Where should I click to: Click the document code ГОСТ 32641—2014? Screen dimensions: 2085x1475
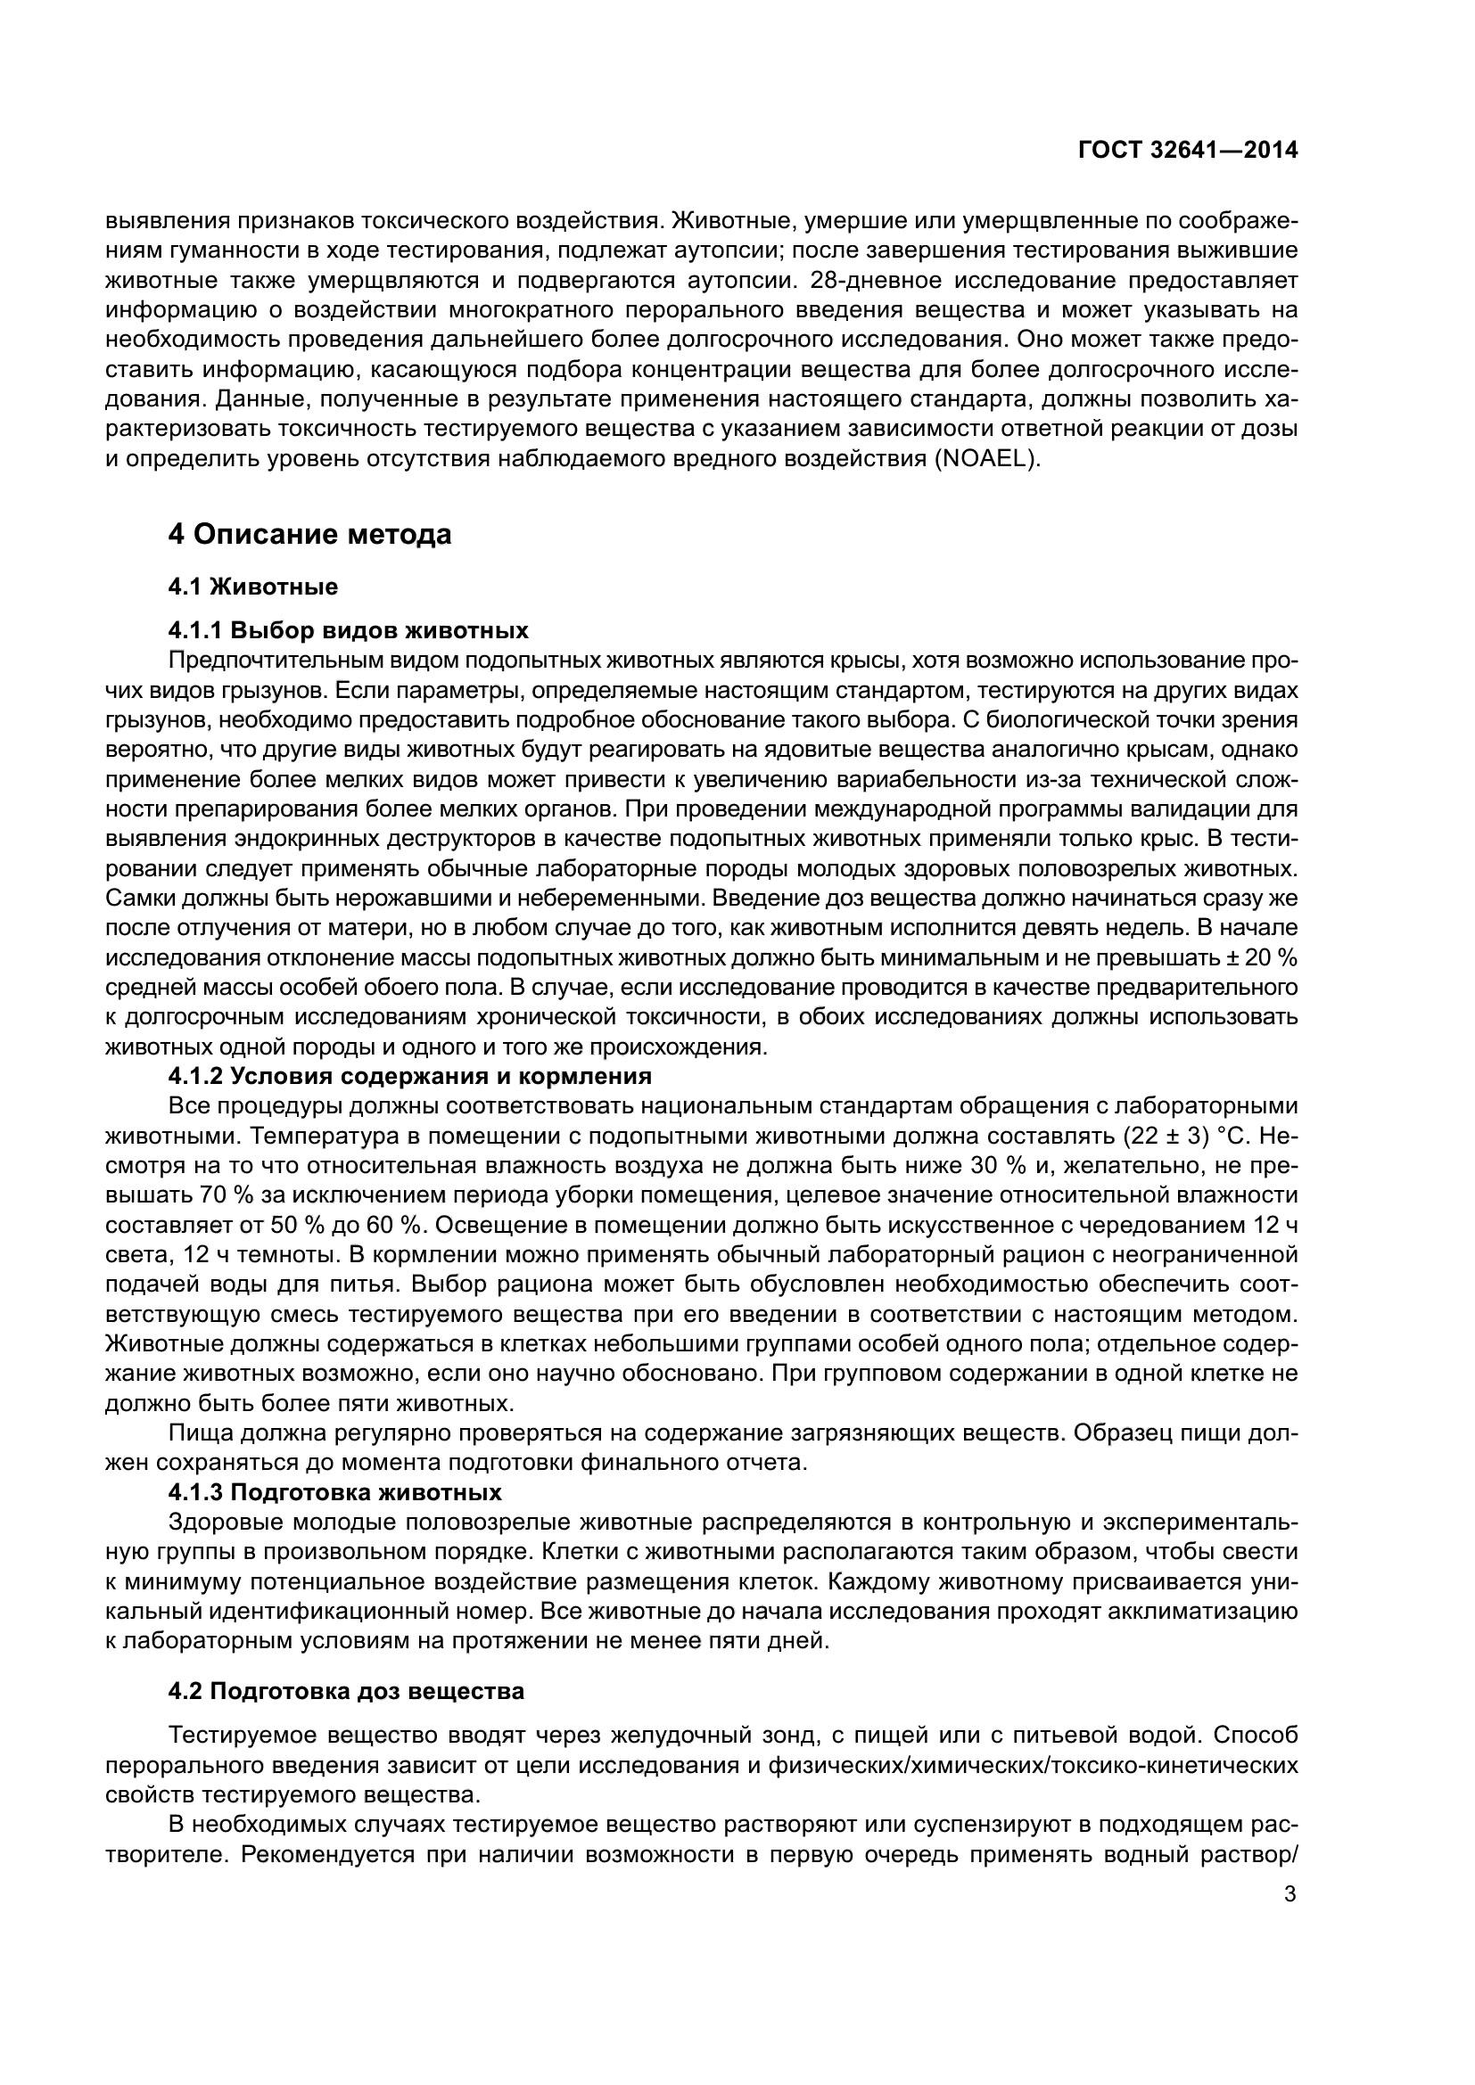coord(1188,151)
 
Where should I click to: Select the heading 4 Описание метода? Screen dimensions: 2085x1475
coord(309,534)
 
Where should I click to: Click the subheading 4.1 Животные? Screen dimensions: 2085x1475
coord(252,587)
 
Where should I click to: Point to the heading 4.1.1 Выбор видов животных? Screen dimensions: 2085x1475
coord(349,630)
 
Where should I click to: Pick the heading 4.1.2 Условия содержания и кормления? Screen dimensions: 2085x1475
coord(409,1076)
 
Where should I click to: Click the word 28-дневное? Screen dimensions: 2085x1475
coord(877,280)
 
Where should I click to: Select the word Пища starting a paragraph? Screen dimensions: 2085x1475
coord(196,1434)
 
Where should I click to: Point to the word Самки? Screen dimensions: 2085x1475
coord(141,899)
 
